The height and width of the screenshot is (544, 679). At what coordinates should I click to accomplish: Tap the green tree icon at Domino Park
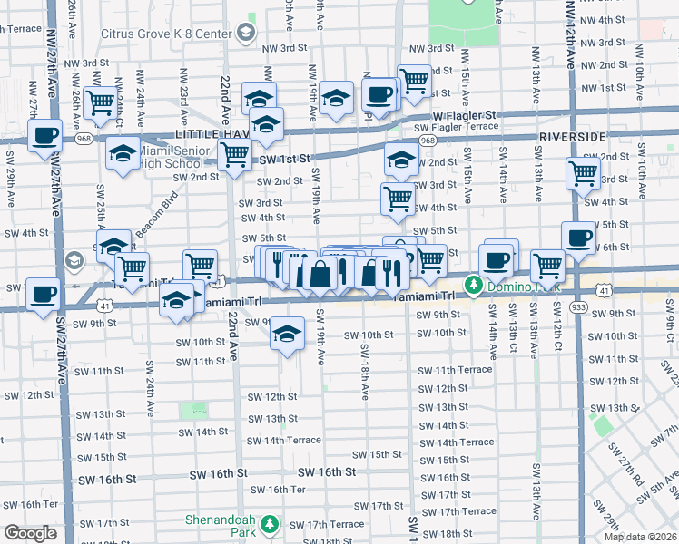[474, 286]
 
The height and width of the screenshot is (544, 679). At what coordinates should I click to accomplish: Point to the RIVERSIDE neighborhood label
[572, 135]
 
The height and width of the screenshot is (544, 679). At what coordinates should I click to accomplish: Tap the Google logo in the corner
[31, 533]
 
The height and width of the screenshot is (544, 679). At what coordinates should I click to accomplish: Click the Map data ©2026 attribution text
[639, 537]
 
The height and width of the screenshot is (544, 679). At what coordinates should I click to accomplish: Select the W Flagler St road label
[465, 116]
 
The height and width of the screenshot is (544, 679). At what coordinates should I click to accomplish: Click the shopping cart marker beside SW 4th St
[398, 199]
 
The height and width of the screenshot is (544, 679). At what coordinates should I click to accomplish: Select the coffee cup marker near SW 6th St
[578, 238]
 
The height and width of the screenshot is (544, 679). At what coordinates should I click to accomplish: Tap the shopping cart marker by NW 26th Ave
[100, 102]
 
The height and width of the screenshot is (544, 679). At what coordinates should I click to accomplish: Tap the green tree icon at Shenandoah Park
[269, 523]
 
